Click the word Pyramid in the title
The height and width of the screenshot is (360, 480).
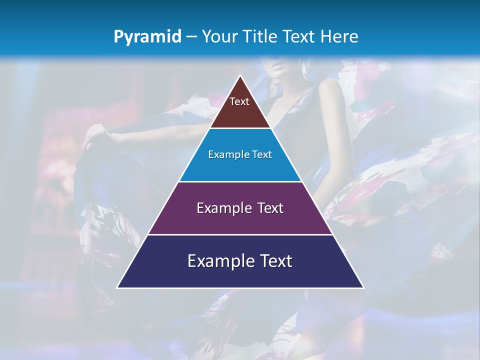click(147, 37)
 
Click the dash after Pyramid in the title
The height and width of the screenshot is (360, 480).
click(191, 37)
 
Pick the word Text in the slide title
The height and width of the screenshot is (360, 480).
click(299, 36)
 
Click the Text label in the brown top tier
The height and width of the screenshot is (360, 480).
click(239, 101)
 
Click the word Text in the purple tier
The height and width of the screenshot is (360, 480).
click(270, 208)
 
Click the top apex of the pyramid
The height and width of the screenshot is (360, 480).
click(240, 76)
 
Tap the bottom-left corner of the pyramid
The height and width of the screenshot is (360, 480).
click(117, 287)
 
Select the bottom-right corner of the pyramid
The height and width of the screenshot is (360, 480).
click(363, 287)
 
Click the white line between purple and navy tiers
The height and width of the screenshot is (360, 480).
click(240, 234)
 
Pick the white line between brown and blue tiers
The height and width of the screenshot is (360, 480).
click(240, 128)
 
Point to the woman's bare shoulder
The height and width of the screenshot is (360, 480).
click(327, 87)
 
